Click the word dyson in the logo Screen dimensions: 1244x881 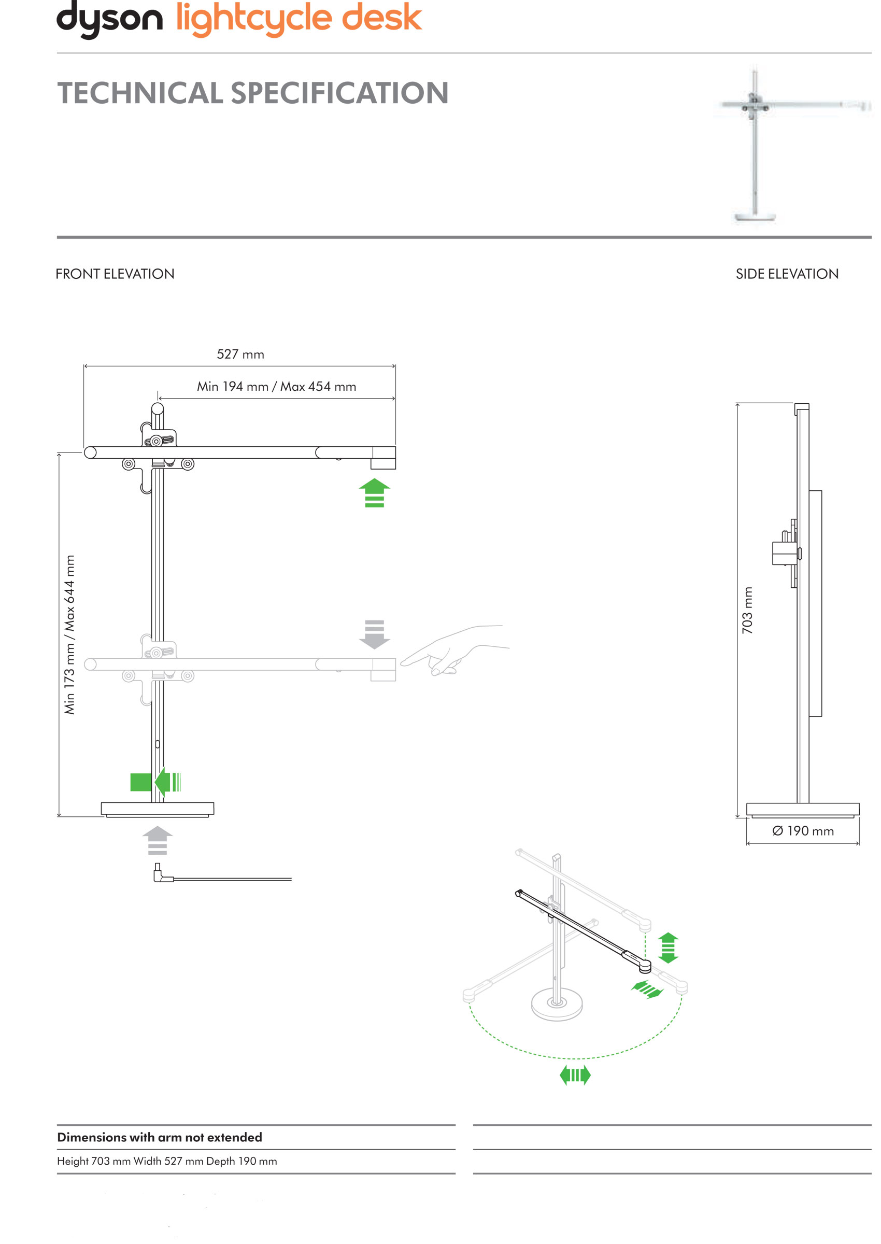(109, 19)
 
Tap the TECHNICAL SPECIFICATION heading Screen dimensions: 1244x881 (253, 93)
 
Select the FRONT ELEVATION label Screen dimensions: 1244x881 (115, 274)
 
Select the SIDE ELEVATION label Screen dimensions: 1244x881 (787, 274)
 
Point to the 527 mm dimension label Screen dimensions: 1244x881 (240, 354)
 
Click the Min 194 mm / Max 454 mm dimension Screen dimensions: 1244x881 (276, 387)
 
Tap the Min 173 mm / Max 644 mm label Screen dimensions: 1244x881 (69, 634)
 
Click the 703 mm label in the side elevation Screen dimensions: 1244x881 (747, 610)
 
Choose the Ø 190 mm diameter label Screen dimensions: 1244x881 (803, 830)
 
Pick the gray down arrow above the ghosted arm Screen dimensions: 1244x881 (374, 634)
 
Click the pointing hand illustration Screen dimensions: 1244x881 (456, 651)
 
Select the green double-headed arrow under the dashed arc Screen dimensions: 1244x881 (575, 1075)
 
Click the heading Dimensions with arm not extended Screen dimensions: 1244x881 (160, 1137)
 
